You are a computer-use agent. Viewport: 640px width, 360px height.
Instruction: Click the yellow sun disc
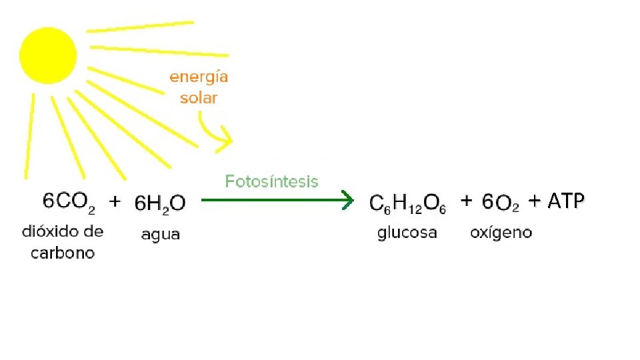[48, 55]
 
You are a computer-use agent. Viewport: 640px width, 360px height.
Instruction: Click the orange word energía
[199, 77]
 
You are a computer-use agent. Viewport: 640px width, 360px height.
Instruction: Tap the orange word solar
[199, 98]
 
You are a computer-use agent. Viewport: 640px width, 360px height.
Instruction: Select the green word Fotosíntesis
[271, 181]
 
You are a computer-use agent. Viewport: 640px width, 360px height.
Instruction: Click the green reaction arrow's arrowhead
[347, 199]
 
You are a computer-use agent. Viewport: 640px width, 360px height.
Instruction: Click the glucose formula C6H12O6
[408, 203]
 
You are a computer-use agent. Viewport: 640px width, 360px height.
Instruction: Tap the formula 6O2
[501, 203]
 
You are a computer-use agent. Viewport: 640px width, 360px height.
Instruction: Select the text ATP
[565, 201]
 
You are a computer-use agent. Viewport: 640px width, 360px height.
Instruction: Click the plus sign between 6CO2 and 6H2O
[115, 200]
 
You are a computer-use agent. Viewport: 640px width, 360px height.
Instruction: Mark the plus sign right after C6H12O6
[467, 200]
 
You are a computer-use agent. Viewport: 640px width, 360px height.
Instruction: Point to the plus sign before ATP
[535, 200]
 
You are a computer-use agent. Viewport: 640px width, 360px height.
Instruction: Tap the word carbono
[63, 253]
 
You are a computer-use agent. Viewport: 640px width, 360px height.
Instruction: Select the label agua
[160, 235]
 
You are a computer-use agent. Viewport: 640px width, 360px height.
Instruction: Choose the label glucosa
[407, 233]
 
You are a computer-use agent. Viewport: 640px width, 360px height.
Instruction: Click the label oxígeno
[501, 233]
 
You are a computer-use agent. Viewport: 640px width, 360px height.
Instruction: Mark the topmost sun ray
[140, 27]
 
